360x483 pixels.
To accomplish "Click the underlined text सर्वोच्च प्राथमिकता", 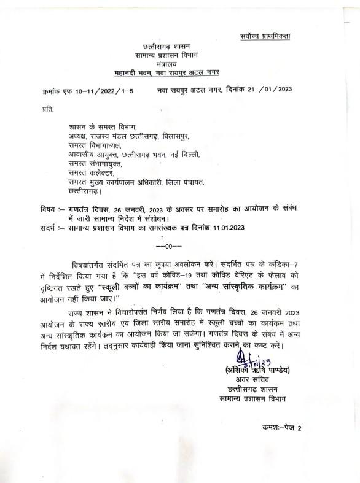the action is point(265,37).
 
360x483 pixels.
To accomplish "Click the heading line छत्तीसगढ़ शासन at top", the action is point(166,47).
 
